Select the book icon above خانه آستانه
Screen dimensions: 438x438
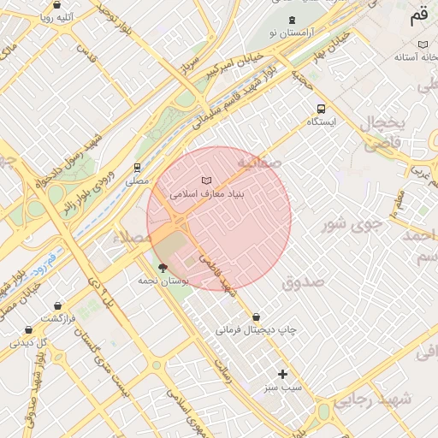422,44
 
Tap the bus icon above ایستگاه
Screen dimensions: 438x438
321,109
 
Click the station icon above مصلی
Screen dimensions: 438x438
137,168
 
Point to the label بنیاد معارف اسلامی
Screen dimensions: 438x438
207,194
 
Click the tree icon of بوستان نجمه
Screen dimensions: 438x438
163,269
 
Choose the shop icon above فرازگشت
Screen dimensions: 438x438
57,305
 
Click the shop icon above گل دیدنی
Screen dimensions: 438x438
29,329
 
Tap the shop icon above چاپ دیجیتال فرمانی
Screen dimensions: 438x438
257,317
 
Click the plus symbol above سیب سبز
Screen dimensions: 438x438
283,374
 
